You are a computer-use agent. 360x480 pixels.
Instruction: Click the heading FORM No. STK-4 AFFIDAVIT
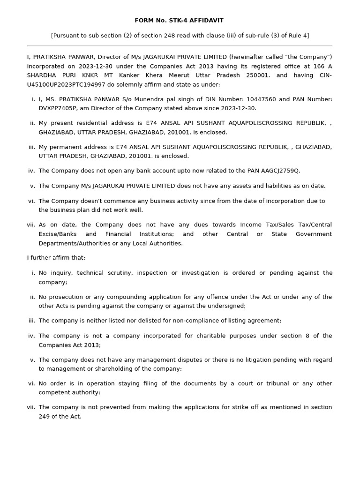tap(179, 21)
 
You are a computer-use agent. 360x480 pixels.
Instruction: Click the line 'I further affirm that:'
tap(56, 258)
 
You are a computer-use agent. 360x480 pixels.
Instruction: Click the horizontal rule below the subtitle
tap(179, 46)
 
